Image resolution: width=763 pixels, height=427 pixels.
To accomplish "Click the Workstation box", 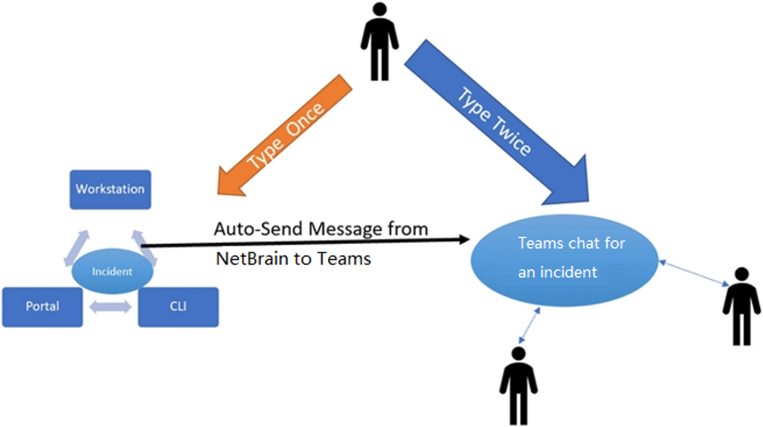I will click(x=110, y=189).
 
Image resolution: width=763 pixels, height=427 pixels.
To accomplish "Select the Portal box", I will click(x=42, y=307).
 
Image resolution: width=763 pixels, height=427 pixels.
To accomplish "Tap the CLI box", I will click(x=178, y=307).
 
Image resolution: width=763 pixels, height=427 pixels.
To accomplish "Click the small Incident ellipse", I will click(x=111, y=271).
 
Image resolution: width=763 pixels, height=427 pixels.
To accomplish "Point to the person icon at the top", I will click(x=379, y=42).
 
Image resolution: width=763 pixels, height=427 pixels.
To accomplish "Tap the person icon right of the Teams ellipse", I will click(x=741, y=305).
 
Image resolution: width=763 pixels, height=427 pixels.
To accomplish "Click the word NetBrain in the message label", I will click(x=250, y=258).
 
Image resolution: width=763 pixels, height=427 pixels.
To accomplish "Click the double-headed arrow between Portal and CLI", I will click(x=110, y=308).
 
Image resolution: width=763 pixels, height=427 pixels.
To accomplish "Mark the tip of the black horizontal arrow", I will click(x=467, y=240).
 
